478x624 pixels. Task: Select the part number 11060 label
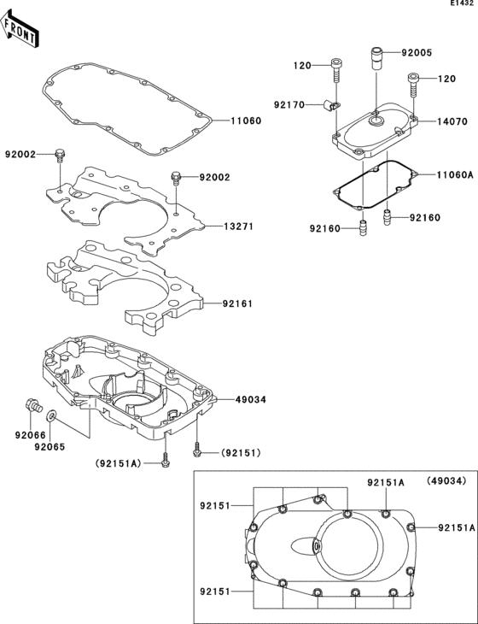click(246, 121)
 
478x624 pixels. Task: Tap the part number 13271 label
click(240, 227)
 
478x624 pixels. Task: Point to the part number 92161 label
click(240, 303)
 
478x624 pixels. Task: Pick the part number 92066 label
click(29, 434)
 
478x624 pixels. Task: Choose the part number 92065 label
click(50, 445)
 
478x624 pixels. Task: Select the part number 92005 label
click(417, 52)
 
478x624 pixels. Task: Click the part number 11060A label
click(455, 174)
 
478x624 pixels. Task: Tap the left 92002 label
click(20, 155)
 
